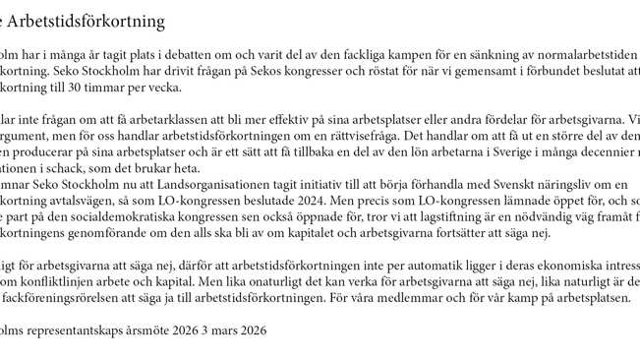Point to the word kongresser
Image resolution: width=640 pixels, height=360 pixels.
point(307,72)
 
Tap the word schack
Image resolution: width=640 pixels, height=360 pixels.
point(99,166)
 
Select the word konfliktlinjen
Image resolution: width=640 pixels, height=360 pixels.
point(58,280)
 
